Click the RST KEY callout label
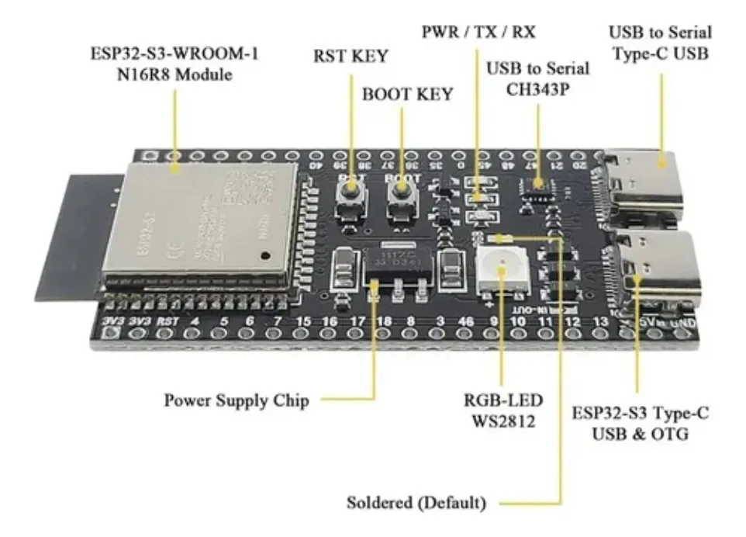click(x=350, y=56)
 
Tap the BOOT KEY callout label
click(x=407, y=94)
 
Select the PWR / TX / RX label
click(x=478, y=33)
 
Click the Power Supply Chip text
click(x=237, y=401)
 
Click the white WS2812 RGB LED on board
click(x=500, y=272)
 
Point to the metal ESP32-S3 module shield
click(x=199, y=221)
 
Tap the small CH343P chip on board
click(x=538, y=185)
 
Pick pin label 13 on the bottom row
click(x=599, y=320)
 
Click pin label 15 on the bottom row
click(x=303, y=320)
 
